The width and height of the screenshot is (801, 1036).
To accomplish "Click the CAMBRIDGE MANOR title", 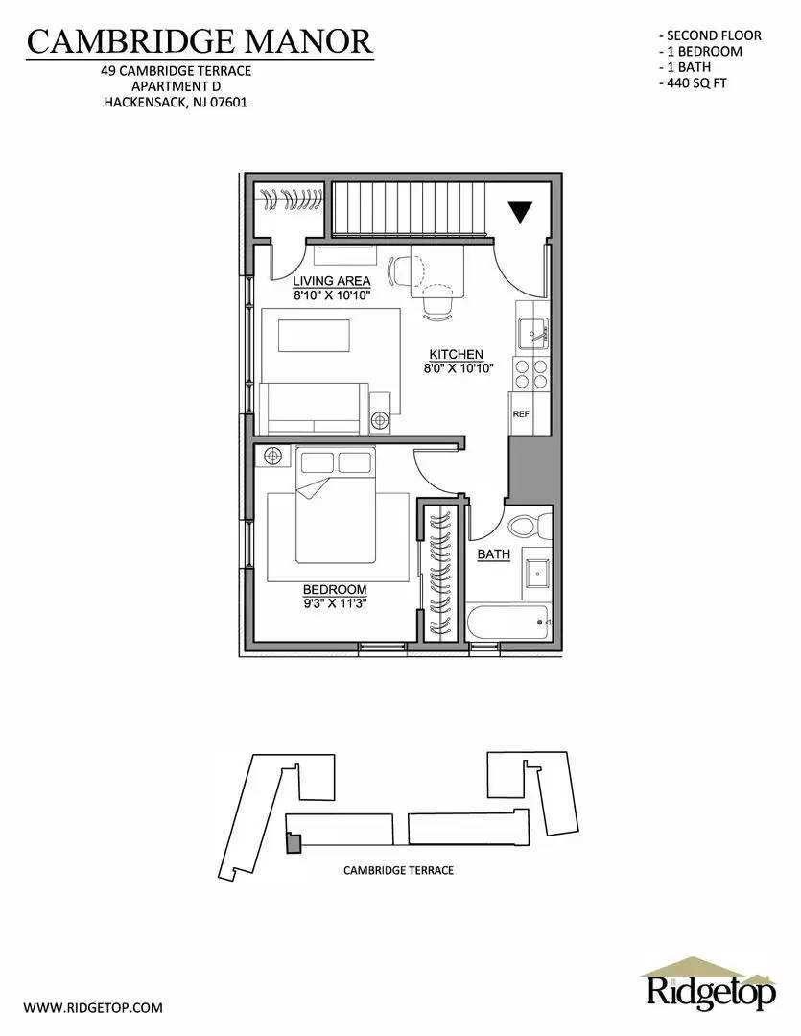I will coord(199,40).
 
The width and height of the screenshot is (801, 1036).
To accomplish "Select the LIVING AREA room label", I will coord(332,281).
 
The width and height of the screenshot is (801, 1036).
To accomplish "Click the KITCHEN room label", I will coord(456,354).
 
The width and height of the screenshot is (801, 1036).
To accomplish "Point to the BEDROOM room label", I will coord(335,589).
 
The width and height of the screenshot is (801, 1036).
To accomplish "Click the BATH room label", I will coord(494,554).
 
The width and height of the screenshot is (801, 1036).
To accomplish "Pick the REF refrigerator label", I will coord(521,414).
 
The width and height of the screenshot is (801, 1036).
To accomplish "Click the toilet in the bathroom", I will coord(528,526).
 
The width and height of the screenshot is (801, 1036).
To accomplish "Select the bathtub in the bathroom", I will coord(507,624).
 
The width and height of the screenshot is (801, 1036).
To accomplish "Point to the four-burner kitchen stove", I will coord(530,372).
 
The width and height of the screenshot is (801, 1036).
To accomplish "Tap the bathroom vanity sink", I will coord(535,575).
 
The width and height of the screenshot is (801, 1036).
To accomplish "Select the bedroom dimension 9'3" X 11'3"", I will coord(335,602).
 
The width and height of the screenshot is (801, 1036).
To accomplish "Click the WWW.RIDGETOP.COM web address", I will coord(93,1008).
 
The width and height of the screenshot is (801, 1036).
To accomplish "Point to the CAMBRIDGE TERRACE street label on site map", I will coord(398,871).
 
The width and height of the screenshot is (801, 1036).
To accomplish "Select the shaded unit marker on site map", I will coord(294,842).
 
